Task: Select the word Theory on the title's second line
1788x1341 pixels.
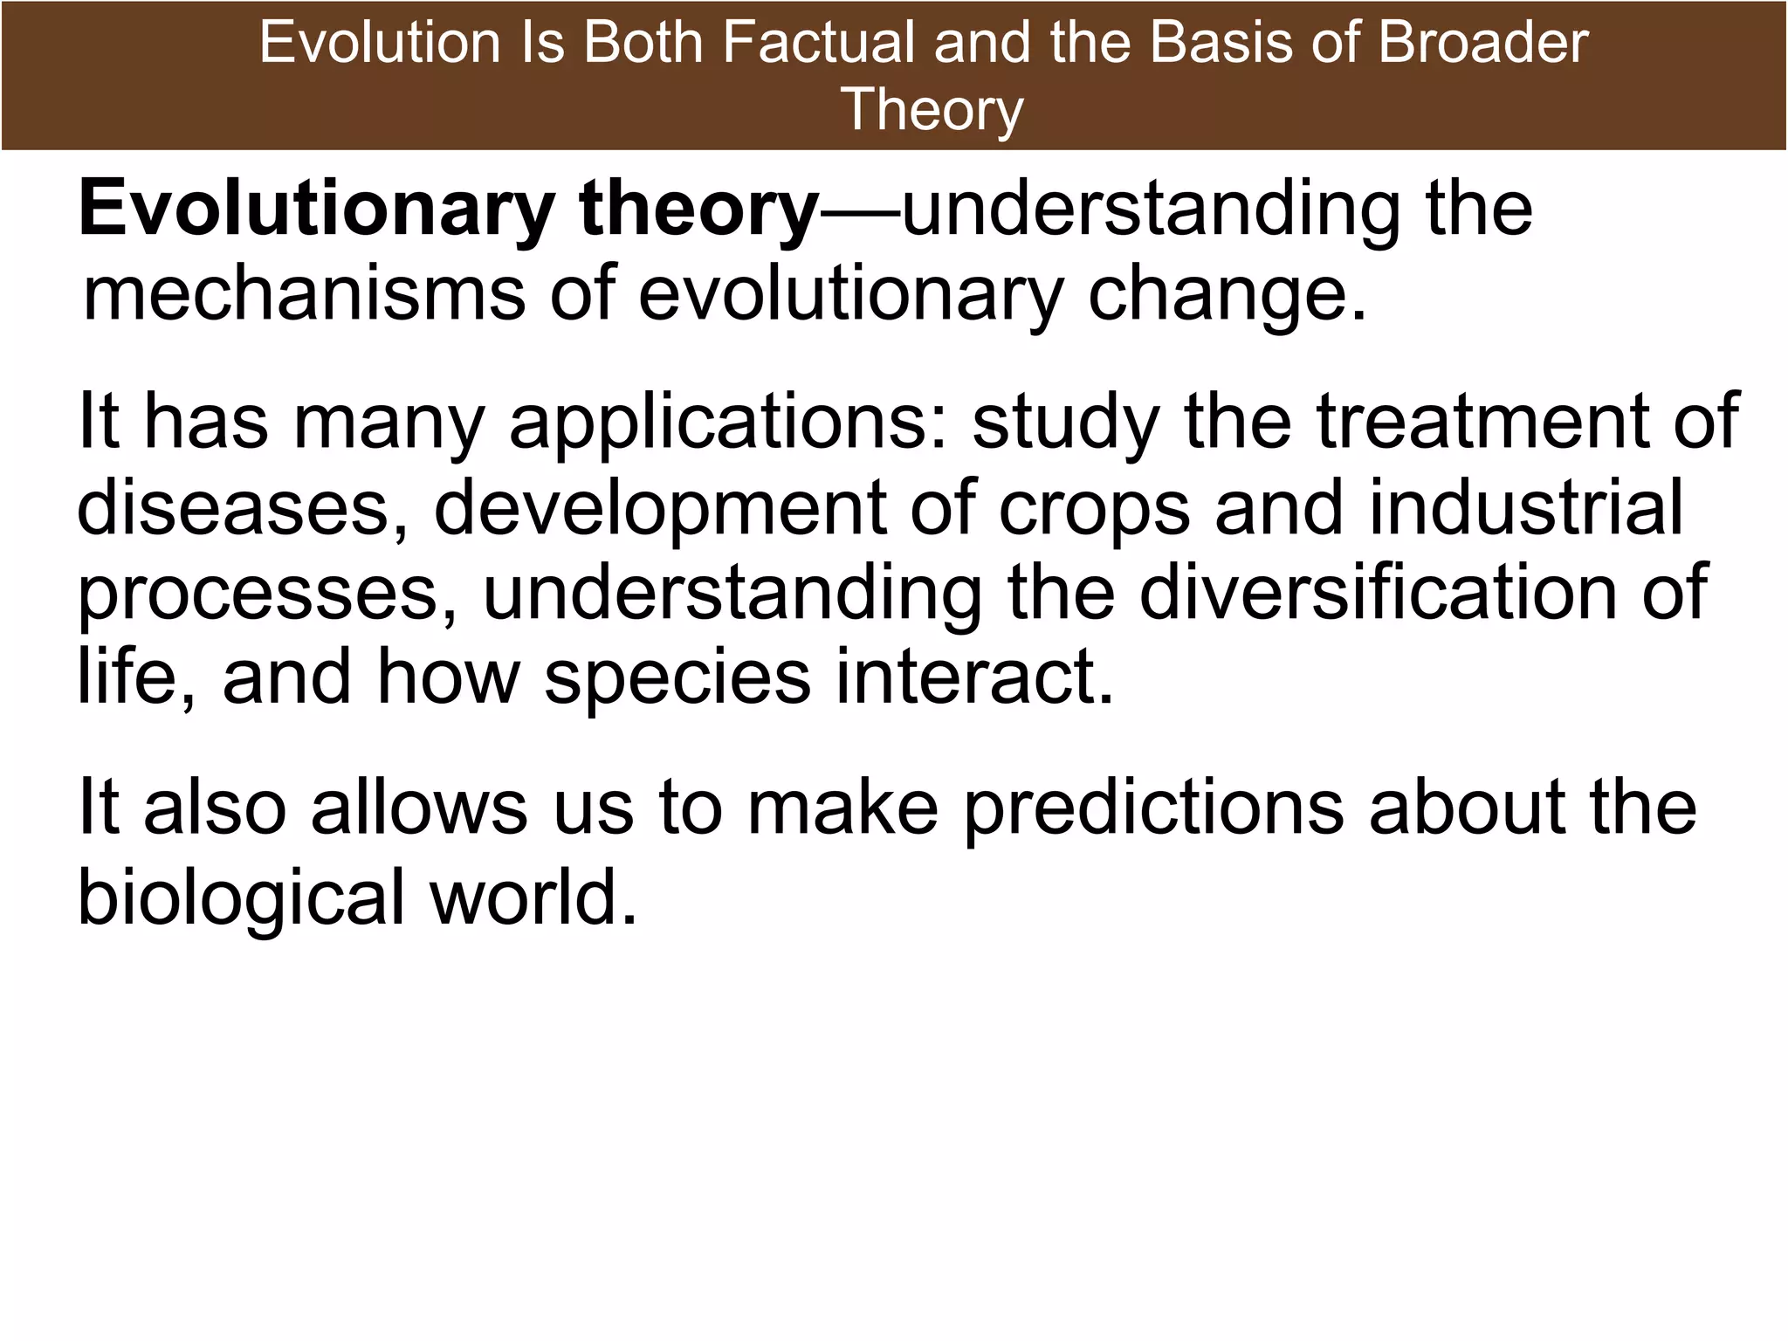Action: (932, 109)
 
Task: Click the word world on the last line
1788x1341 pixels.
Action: (533, 897)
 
